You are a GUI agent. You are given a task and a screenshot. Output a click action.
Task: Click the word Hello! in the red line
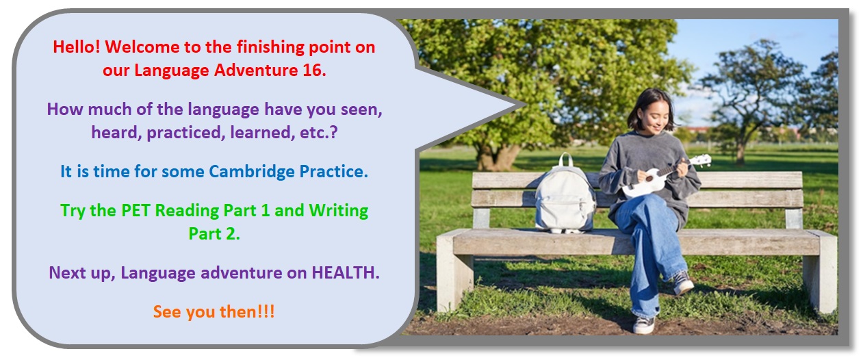point(77,47)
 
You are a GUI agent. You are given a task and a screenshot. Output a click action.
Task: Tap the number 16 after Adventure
point(314,70)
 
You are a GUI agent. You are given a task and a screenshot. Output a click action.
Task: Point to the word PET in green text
point(136,210)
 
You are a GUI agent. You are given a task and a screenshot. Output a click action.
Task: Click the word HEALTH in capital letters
point(346,273)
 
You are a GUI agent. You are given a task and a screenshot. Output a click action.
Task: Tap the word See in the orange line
point(168,312)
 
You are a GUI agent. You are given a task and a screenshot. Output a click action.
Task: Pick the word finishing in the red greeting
point(270,47)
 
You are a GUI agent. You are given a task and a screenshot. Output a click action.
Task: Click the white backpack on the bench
point(565,196)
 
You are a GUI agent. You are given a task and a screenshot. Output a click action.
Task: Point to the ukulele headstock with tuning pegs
point(701,160)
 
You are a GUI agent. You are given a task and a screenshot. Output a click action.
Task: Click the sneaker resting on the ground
point(643,324)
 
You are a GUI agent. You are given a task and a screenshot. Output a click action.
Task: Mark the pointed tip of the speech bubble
point(526,105)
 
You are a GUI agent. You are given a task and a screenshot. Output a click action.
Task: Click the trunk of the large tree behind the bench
point(497,157)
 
